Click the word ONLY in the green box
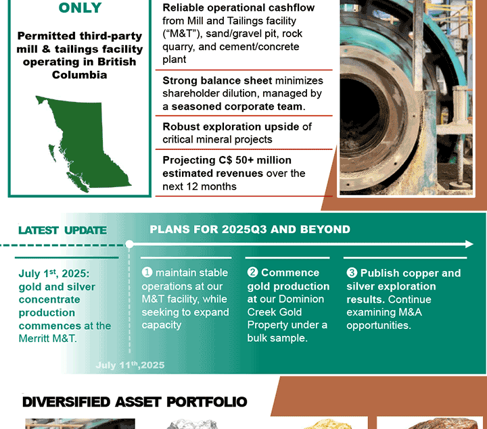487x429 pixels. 80,7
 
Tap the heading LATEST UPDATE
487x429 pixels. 62,230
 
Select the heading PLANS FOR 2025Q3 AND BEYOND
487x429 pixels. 250,229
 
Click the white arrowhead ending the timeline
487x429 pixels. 469,244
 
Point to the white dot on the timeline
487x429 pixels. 129,244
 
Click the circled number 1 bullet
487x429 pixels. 147,272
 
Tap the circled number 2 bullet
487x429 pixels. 252,272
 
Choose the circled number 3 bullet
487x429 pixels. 352,273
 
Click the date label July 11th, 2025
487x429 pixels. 130,365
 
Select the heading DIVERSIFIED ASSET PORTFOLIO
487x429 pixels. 135,402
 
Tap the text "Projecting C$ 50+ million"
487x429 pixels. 227,160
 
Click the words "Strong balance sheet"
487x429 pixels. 217,80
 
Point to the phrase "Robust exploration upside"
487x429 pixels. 231,126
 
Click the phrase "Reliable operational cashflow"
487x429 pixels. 239,7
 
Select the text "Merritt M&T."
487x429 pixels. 47,338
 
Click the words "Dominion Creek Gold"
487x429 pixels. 285,305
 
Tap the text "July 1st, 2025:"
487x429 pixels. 54,274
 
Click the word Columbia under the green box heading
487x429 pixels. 80,75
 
